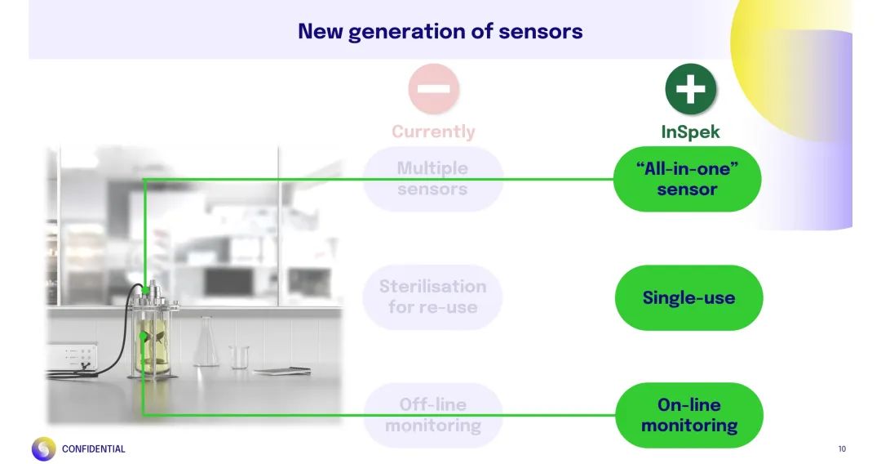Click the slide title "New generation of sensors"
[440, 31]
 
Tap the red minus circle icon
[433, 88]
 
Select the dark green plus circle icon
[690, 88]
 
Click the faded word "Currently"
[433, 132]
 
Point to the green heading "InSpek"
[690, 132]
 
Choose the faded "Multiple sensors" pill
[432, 179]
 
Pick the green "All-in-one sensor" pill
[687, 179]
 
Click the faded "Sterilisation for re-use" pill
[432, 297]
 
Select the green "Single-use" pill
[688, 297]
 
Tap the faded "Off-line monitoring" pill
[432, 415]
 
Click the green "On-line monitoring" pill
[688, 415]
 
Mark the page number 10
[842, 448]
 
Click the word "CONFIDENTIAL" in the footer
[94, 448]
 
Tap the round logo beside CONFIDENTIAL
[43, 448]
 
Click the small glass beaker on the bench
[239, 356]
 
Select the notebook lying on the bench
[281, 371]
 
